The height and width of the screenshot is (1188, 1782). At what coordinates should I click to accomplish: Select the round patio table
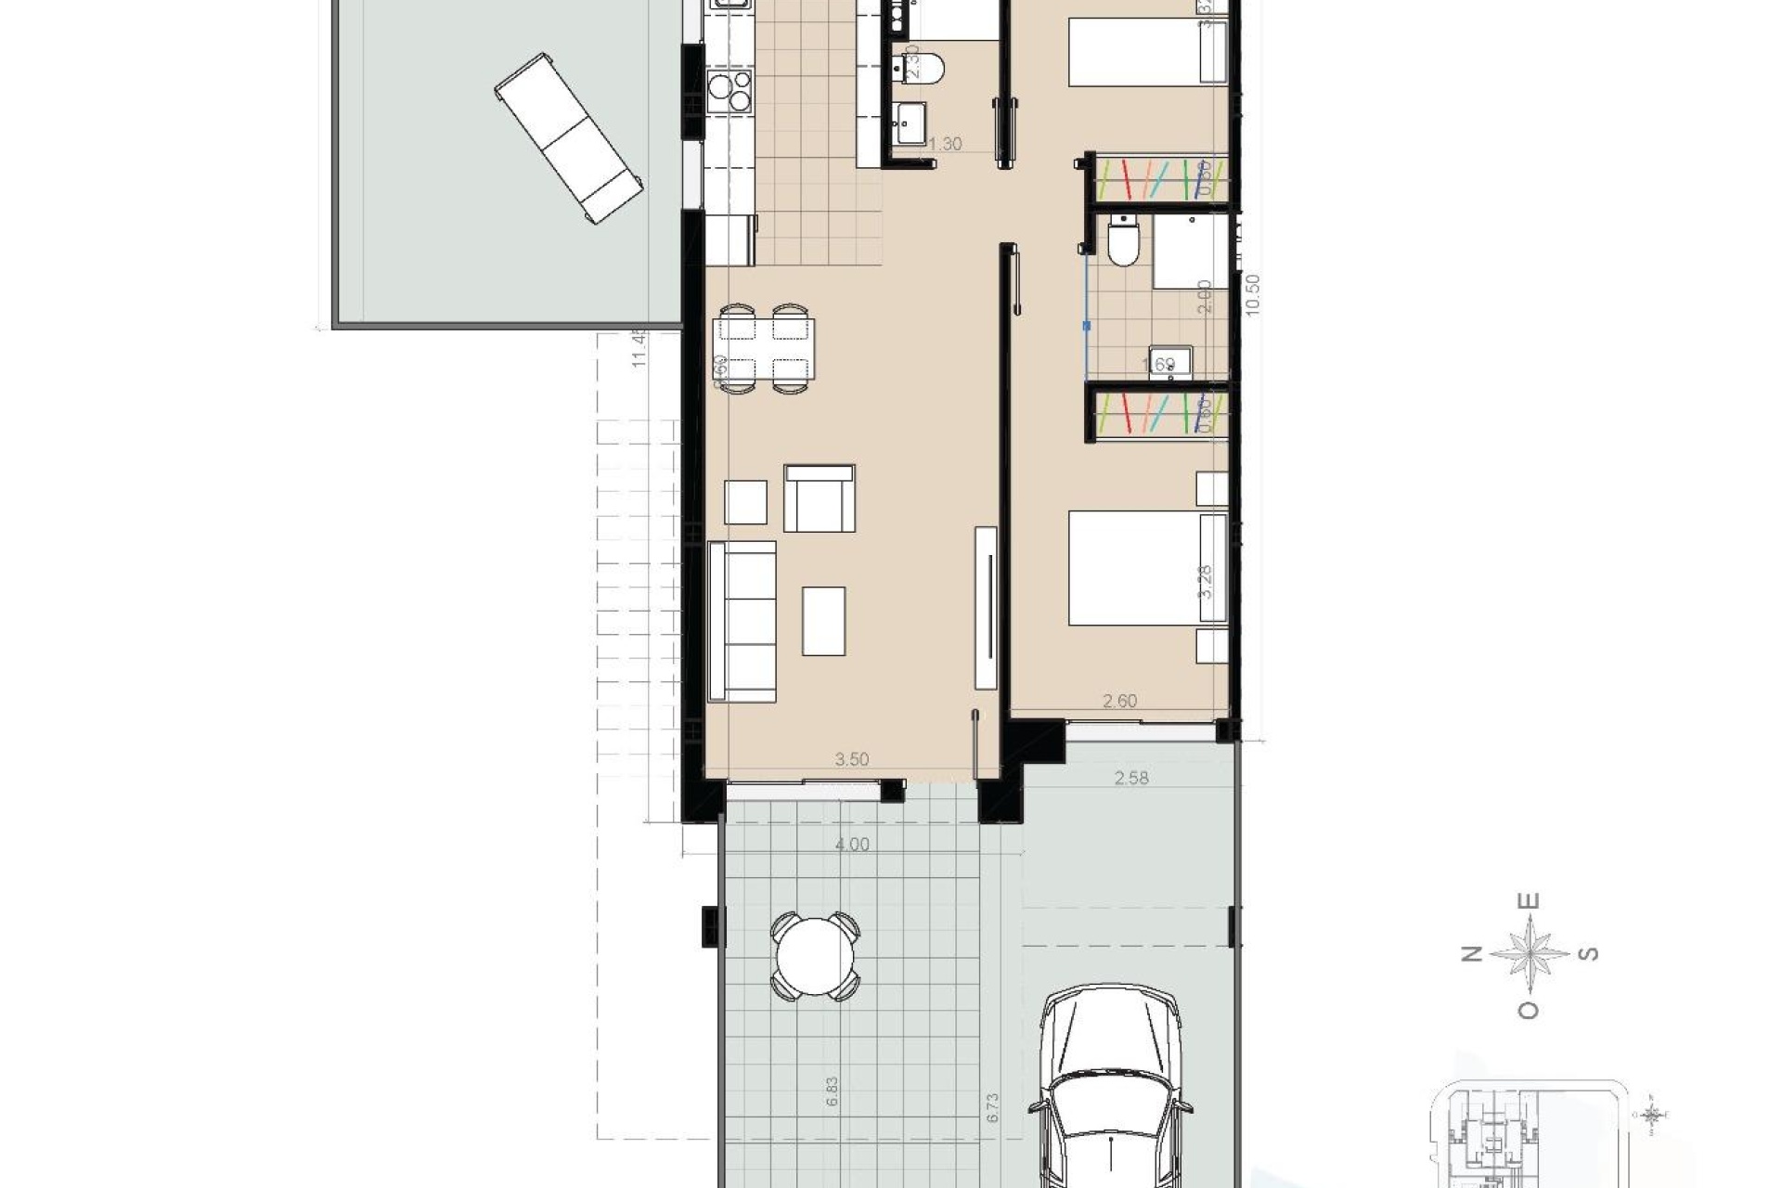tap(815, 956)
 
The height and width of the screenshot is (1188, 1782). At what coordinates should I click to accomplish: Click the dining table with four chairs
tap(764, 349)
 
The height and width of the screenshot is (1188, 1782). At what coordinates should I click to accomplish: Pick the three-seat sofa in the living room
tap(742, 621)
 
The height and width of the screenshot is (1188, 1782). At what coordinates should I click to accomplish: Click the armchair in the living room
tap(819, 498)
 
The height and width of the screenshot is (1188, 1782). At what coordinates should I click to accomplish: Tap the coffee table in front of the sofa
tap(824, 621)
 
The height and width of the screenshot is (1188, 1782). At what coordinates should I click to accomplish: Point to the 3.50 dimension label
tap(851, 759)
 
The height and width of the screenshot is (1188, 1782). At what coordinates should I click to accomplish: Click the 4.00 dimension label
tap(852, 845)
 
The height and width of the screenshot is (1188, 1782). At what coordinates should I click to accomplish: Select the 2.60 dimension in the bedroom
tap(1119, 701)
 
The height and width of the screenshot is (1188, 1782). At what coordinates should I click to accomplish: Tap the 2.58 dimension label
tap(1130, 778)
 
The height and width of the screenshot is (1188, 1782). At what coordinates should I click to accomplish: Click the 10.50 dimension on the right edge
tap(1253, 295)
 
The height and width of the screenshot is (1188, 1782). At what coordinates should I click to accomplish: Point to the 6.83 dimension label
tap(832, 1091)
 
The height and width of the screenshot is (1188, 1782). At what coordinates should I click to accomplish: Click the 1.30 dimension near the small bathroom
tap(945, 144)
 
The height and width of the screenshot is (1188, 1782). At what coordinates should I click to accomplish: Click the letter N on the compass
tap(1471, 954)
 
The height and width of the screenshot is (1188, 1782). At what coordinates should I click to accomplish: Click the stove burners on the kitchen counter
tap(729, 90)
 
